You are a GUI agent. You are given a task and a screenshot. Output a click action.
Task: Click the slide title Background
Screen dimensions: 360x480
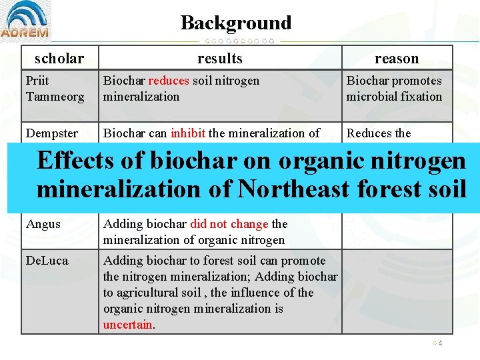tap(236, 23)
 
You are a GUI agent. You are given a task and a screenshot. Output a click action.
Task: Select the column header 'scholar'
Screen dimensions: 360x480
tap(59, 58)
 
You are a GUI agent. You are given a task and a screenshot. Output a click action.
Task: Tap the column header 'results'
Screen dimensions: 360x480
tap(219, 58)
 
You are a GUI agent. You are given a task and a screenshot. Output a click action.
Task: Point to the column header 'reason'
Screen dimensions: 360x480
tap(397, 58)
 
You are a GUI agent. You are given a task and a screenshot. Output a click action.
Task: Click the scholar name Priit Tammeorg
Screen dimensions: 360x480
tap(55, 89)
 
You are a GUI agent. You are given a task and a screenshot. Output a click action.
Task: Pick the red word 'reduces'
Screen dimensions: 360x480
tap(169, 81)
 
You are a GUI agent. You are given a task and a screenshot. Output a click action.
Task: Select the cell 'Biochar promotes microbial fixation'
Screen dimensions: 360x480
tap(394, 89)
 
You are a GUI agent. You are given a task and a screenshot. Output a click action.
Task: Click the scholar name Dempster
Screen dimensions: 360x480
tap(52, 133)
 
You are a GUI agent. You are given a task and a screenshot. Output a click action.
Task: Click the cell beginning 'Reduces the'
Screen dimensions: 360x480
tap(379, 133)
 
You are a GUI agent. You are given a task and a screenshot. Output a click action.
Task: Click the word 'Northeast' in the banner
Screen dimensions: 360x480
tap(293, 189)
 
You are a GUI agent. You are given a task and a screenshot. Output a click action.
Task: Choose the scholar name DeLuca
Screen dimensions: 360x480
tap(47, 261)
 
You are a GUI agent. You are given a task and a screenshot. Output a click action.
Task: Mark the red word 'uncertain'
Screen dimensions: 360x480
tap(127, 325)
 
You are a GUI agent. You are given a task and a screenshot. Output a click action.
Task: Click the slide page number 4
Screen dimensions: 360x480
tap(441, 343)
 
